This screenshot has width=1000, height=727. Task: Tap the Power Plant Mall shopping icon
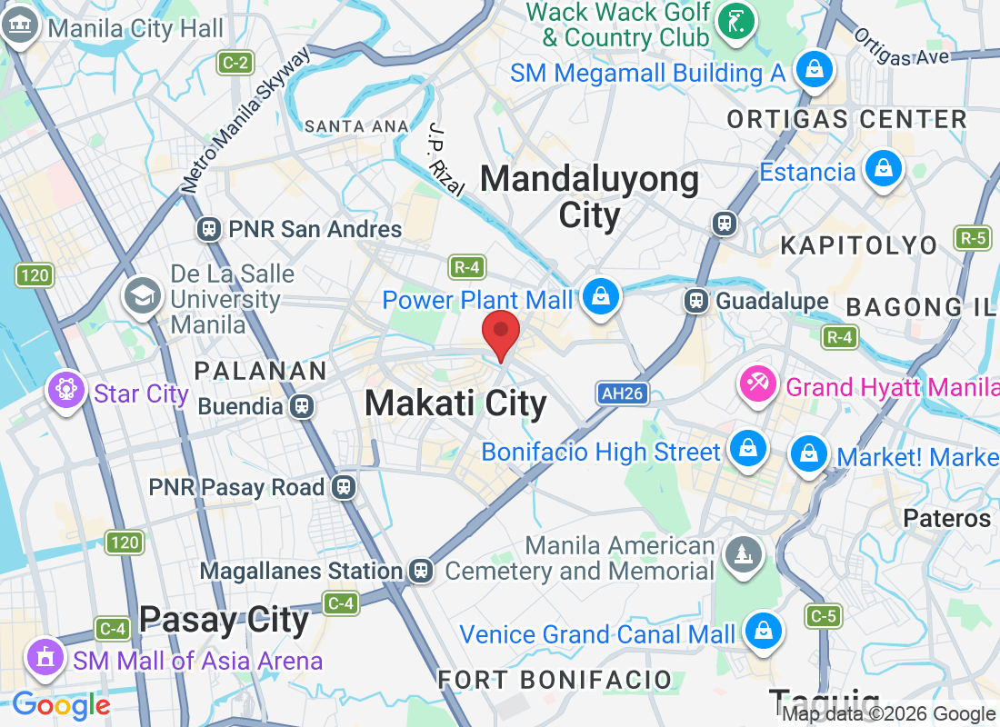point(600,297)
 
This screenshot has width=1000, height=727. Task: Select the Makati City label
point(455,403)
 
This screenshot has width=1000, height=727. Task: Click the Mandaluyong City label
point(589,197)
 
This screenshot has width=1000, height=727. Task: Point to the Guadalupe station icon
point(697,300)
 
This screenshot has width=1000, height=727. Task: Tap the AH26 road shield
point(622,393)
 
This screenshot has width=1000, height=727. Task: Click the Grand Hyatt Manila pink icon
point(756,384)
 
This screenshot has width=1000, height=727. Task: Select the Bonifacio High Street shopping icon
point(746,449)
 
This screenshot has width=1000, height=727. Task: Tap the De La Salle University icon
point(143,297)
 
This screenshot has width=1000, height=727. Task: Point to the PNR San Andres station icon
point(209,228)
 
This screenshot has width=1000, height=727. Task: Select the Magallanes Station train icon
point(420,570)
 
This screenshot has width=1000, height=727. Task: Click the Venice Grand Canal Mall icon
point(763,631)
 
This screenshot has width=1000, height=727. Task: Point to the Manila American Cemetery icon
point(743,553)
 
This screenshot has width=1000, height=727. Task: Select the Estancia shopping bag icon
point(882,169)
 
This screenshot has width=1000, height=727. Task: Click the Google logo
point(61,705)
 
